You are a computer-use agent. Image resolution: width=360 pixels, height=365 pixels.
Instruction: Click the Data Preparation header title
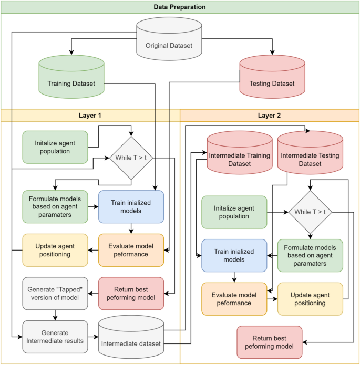pos(180,7)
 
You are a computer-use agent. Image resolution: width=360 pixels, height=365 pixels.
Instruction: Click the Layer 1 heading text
pos(90,115)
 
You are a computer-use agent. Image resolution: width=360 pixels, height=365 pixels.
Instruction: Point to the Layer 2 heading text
pos(270,115)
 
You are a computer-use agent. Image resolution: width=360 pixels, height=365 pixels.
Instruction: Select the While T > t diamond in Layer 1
pos(130,157)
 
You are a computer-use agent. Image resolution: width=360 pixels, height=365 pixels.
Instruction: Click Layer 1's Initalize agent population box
pos(55,147)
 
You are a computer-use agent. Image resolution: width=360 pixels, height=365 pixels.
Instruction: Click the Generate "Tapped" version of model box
pos(55,294)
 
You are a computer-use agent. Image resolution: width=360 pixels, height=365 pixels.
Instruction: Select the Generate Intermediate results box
pos(55,337)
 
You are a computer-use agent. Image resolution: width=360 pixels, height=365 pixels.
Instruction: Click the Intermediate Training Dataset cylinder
pos(240,156)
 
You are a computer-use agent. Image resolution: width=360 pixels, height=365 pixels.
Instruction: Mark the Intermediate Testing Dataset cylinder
pos(310,156)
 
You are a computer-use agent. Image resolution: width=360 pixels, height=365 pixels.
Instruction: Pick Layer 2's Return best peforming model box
pos(270,342)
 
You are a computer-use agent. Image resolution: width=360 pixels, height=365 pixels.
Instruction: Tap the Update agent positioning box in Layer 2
pos(310,299)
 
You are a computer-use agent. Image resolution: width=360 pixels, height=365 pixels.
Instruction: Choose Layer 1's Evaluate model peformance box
pos(131,250)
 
